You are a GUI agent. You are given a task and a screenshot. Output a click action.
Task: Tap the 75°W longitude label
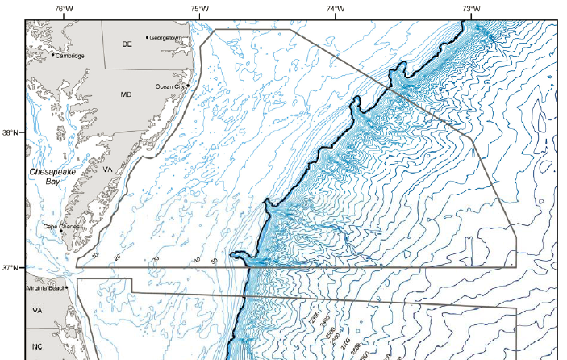point(200,9)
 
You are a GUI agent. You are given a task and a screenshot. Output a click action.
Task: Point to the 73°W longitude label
point(472,9)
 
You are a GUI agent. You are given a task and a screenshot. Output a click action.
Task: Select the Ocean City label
point(170,86)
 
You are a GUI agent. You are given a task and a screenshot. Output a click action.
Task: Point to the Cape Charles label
point(61,227)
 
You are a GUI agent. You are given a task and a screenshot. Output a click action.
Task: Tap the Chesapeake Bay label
point(52,178)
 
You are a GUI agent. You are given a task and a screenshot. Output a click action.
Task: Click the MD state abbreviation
point(126,95)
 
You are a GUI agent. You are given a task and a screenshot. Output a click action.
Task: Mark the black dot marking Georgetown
point(147,37)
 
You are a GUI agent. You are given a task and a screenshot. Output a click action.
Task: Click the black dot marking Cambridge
point(53,55)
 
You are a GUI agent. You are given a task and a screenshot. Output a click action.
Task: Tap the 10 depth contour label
point(94,256)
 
